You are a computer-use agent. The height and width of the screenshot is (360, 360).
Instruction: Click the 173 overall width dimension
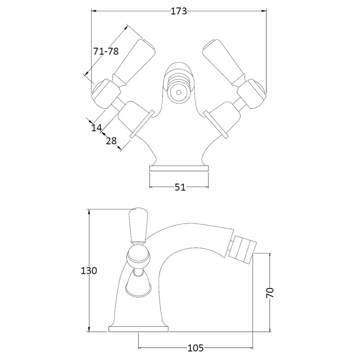click(x=179, y=11)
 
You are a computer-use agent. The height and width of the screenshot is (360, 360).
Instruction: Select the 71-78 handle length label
click(x=106, y=51)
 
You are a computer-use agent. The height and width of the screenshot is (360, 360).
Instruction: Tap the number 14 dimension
click(x=96, y=127)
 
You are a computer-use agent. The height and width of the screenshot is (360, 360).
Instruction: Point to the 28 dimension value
click(x=111, y=141)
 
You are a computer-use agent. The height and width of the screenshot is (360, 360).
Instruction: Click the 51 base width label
click(x=180, y=187)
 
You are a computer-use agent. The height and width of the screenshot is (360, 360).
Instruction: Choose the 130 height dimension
click(x=89, y=271)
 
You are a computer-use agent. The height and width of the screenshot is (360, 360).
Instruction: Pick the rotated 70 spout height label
click(x=270, y=292)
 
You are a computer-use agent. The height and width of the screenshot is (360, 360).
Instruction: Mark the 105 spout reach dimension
click(x=196, y=348)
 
